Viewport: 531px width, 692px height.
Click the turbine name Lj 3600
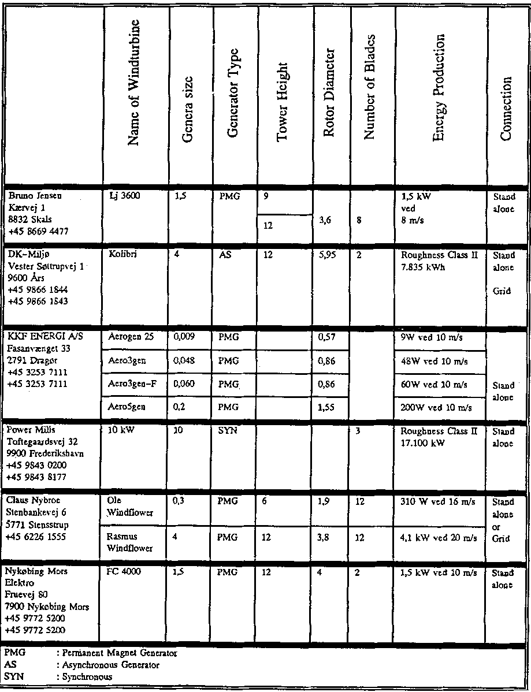tap(121, 196)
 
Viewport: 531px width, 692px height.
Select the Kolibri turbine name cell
tap(119, 255)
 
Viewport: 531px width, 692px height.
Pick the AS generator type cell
tap(225, 255)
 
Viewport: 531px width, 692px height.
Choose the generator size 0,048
tap(183, 360)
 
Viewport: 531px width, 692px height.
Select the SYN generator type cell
tap(226, 431)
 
